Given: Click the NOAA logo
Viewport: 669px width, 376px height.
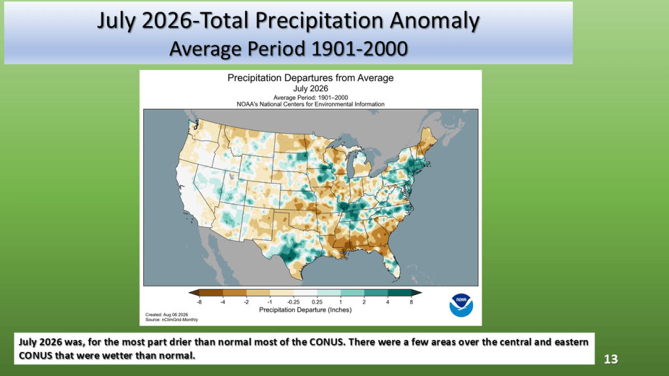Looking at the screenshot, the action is [x=461, y=305].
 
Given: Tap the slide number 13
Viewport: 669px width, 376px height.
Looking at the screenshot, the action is [x=611, y=359].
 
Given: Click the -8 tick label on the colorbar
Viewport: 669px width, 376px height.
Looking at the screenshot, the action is [x=199, y=302].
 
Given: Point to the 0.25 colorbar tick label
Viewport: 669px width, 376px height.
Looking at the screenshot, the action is [x=317, y=302].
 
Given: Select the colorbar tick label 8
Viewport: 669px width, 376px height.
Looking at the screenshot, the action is [x=412, y=302].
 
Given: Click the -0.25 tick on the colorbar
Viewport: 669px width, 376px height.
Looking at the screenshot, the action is [x=293, y=302].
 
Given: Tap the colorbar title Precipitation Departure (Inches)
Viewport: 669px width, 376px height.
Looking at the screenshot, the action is [x=306, y=310].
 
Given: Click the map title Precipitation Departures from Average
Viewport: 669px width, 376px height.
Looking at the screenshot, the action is [x=310, y=78].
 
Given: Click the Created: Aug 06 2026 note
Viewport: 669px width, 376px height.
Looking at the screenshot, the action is [x=167, y=315].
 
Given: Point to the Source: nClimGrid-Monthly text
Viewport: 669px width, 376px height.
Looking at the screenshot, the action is [x=172, y=320].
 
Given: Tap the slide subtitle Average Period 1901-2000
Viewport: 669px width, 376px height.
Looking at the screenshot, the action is [x=288, y=49].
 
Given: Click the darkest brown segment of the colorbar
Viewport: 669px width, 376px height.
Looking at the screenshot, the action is [x=211, y=293].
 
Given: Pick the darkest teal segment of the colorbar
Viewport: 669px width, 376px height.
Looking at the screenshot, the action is [x=400, y=293].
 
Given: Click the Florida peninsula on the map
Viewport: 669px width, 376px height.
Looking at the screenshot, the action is [x=392, y=264].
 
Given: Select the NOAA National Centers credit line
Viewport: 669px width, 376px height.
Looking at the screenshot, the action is [x=310, y=104].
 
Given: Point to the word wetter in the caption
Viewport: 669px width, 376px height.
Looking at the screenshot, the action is [x=103, y=356].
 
